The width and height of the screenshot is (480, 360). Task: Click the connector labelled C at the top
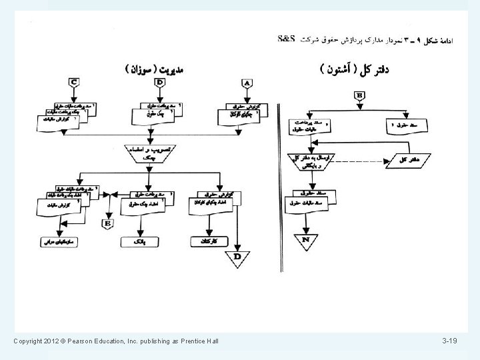pyautogui.click(x=75, y=83)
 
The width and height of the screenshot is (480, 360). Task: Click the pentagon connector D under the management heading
pyautogui.click(x=160, y=83)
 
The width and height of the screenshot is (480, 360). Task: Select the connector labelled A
pyautogui.click(x=247, y=83)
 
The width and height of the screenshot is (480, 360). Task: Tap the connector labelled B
pyautogui.click(x=360, y=95)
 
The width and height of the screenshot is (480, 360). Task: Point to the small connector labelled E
pyautogui.click(x=107, y=223)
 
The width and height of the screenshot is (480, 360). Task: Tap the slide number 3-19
pyautogui.click(x=449, y=342)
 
